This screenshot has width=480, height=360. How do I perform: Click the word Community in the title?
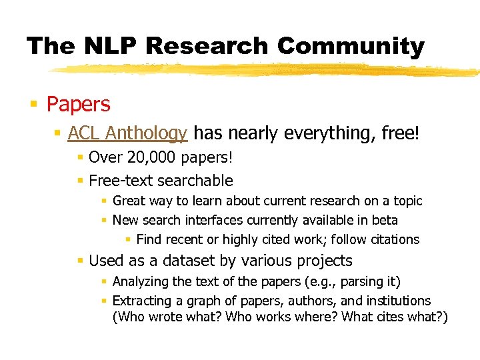tap(351, 46)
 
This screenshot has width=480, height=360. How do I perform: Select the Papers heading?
tap(78, 105)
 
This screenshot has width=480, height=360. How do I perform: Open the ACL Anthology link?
tap(127, 133)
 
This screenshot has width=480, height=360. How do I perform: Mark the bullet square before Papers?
tap(33, 105)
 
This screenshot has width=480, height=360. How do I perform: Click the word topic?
tap(407, 201)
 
